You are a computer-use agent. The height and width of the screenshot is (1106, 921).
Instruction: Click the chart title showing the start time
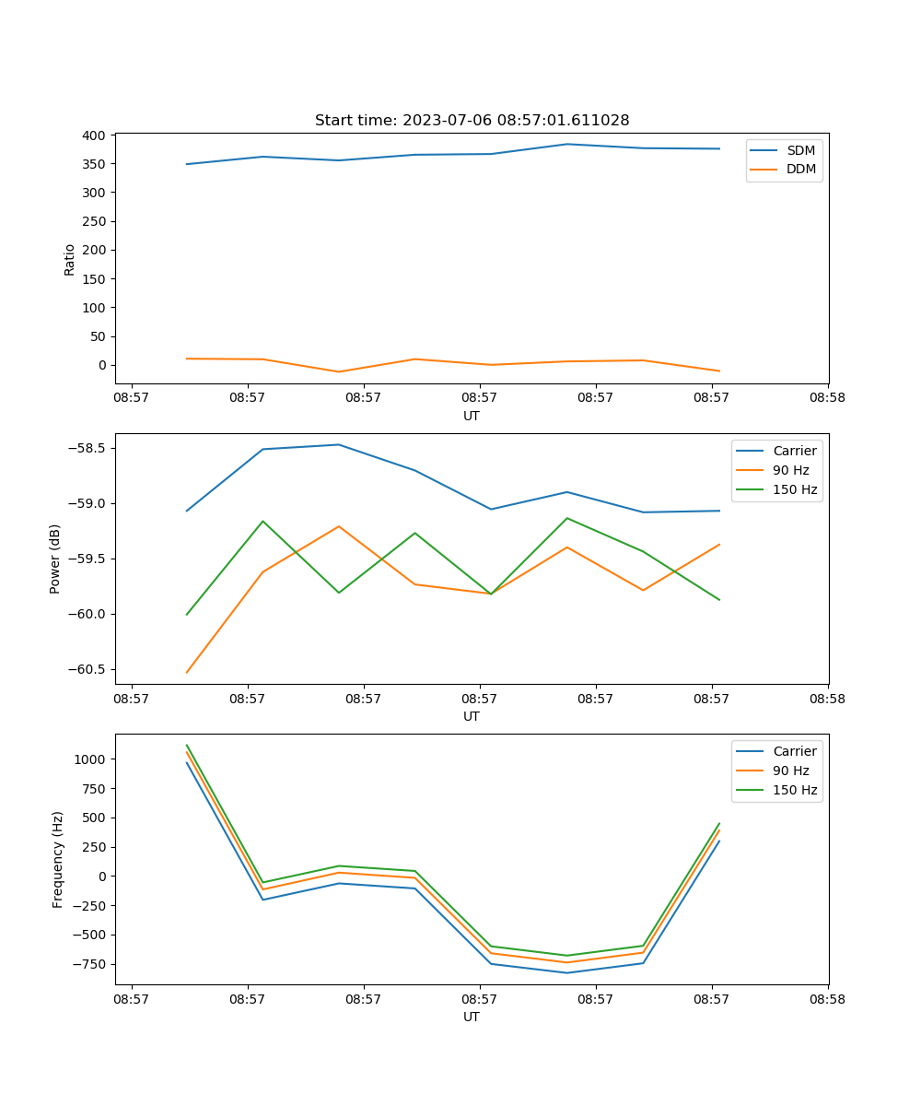[472, 121]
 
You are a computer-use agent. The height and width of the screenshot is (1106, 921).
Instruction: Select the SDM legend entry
[800, 150]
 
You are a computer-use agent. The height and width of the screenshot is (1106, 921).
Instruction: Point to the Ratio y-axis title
[69, 259]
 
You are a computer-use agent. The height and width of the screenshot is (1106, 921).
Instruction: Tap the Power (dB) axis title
[55, 559]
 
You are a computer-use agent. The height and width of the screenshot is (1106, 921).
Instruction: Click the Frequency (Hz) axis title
[57, 859]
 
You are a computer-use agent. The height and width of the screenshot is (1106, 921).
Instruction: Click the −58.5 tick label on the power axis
[86, 449]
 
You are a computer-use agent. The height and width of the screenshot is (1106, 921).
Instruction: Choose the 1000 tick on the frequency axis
[90, 759]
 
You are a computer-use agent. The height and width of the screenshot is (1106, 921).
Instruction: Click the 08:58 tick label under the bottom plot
[827, 998]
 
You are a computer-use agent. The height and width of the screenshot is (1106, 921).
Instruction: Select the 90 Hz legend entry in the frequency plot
[791, 771]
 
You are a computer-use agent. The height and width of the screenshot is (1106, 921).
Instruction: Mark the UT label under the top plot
[472, 416]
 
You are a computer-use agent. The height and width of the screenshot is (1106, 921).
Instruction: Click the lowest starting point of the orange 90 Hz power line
[187, 673]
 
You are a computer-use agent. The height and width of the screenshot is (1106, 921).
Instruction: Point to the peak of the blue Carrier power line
[338, 444]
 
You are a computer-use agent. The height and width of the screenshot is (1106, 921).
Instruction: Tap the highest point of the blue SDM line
[567, 144]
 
